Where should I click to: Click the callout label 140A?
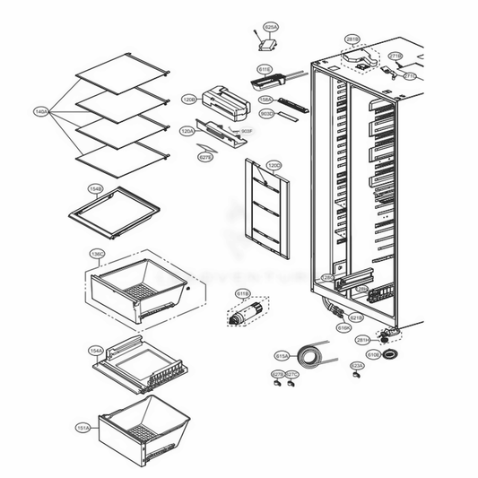pyautogui.click(x=40, y=112)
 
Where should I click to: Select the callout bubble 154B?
pyautogui.click(x=96, y=189)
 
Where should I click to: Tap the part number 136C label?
pyautogui.click(x=96, y=255)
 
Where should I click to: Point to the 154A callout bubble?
pyautogui.click(x=96, y=351)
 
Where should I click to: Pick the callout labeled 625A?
pyautogui.click(x=270, y=29)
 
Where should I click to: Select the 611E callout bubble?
pyautogui.click(x=265, y=68)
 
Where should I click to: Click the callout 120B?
pyautogui.click(x=189, y=99)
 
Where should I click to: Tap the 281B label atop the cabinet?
pyautogui.click(x=352, y=39)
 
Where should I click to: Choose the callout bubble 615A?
pyautogui.click(x=282, y=355)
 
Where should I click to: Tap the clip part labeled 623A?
pyautogui.click(x=356, y=377)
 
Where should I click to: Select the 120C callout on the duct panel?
pyautogui.click(x=274, y=166)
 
